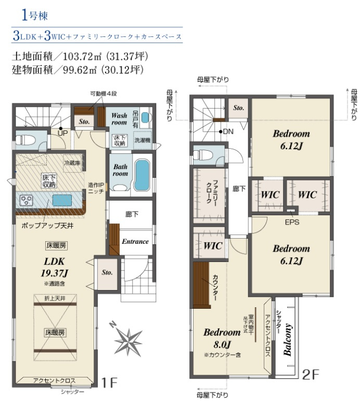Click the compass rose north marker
113,324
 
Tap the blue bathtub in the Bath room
142,175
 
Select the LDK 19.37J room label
54,267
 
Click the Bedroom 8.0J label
222,338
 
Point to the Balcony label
288,339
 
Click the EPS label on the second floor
292,222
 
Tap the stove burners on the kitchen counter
27,200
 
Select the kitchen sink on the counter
62,200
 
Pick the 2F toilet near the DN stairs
203,155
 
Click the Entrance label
135,241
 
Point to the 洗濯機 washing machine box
143,140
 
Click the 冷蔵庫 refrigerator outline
72,163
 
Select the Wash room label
119,119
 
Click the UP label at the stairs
62,133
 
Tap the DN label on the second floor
228,132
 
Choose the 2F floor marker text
311,374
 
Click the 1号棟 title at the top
35,16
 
